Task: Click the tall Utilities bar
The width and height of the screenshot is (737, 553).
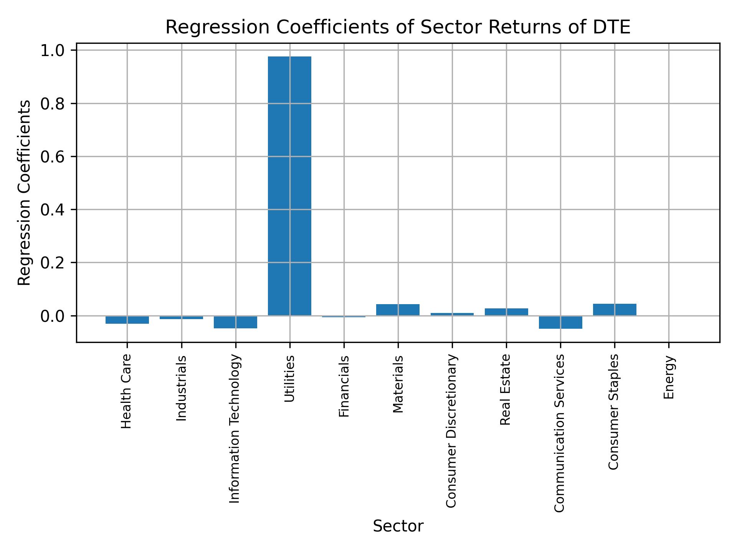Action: pos(289,186)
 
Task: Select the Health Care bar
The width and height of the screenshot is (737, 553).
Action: pos(127,320)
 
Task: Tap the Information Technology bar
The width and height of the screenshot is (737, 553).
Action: pos(235,322)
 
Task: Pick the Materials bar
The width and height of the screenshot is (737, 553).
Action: pos(398,310)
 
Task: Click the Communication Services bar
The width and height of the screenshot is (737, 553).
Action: pos(560,322)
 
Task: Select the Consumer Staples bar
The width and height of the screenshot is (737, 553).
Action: pos(615,310)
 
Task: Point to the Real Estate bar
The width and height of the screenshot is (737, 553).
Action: pos(506,312)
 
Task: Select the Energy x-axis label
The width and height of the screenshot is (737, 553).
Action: pos(669,377)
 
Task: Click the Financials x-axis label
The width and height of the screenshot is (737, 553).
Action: pos(344,386)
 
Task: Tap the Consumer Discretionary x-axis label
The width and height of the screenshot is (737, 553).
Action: pos(452,431)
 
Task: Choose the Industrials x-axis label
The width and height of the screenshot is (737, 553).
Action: pos(181,388)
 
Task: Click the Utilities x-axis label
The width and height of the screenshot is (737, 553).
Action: pos(289,379)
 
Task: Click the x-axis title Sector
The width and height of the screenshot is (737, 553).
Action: pos(398,527)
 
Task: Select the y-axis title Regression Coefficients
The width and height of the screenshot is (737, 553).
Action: pos(25,192)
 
